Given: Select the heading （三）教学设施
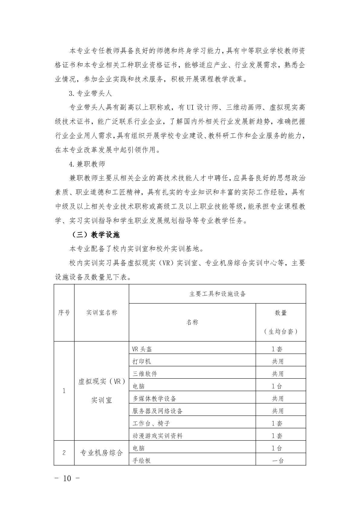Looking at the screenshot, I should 96,235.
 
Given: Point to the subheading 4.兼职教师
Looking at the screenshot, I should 87,164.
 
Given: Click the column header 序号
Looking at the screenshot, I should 64,313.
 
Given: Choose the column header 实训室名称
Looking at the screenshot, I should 102,313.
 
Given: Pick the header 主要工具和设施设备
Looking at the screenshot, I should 217,293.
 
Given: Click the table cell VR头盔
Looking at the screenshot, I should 142,349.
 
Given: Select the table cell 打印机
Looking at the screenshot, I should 141,361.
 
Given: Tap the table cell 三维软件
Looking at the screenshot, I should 145,374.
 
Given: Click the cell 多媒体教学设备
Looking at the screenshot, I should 154,399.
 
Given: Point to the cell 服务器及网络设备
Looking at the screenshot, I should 157,411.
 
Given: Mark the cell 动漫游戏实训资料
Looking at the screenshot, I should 157,436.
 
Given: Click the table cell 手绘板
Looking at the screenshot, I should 141,461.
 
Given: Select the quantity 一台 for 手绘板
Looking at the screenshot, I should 278,461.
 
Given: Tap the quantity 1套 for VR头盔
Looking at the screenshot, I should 277,349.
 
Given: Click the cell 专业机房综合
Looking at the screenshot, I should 102,453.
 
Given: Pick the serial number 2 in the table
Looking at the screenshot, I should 64,453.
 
